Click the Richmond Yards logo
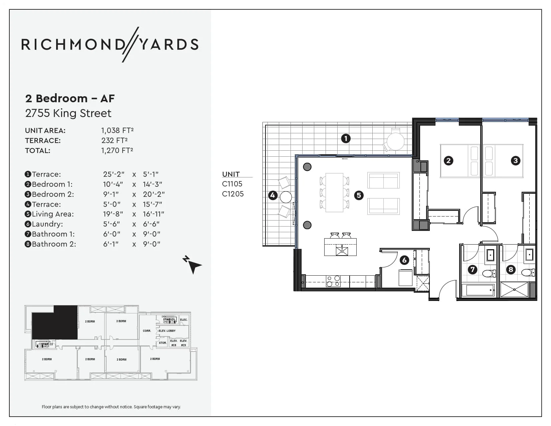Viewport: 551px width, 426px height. click(110, 44)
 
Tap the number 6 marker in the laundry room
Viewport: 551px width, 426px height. click(404, 260)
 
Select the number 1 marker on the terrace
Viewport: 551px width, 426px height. click(346, 138)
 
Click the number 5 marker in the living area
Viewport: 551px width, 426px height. click(359, 195)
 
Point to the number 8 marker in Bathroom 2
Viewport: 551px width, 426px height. click(511, 269)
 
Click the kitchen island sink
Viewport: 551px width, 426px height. click(342, 250)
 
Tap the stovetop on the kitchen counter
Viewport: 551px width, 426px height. click(333, 281)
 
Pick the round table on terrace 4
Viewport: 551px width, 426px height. click(286, 197)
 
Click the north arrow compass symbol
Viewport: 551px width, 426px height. click(192, 264)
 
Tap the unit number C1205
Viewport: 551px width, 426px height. click(233, 194)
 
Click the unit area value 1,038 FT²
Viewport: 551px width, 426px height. click(117, 130)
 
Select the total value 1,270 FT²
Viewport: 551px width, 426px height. click(117, 150)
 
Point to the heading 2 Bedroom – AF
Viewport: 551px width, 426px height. click(70, 98)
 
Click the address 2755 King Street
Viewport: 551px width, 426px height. click(68, 113)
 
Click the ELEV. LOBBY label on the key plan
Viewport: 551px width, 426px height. click(167, 331)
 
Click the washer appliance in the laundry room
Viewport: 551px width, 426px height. click(405, 278)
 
